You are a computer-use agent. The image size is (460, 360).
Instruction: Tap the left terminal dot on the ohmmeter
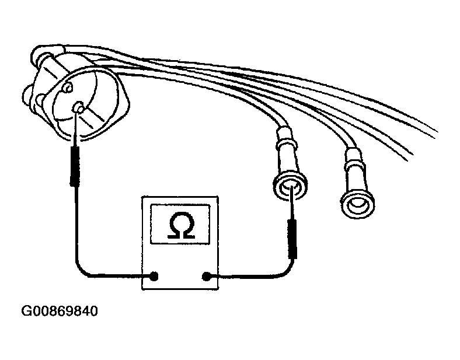[x=154, y=276]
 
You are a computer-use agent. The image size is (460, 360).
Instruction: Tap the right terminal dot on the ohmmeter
[x=206, y=276]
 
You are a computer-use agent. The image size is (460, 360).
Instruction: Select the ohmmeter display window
[x=180, y=224]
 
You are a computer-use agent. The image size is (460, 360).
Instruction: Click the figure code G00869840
[x=60, y=312]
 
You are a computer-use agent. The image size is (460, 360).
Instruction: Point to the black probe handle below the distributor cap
[x=75, y=166]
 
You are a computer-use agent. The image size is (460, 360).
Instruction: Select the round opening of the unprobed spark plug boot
[x=358, y=204]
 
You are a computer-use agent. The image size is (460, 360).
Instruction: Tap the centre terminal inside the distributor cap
[x=78, y=107]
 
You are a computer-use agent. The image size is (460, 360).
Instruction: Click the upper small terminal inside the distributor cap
[x=68, y=88]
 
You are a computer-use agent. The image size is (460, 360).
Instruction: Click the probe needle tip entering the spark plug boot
[x=291, y=187]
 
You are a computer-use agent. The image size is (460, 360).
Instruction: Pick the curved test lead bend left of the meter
[x=81, y=270]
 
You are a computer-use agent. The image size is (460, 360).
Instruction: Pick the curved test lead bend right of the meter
[x=287, y=271]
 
